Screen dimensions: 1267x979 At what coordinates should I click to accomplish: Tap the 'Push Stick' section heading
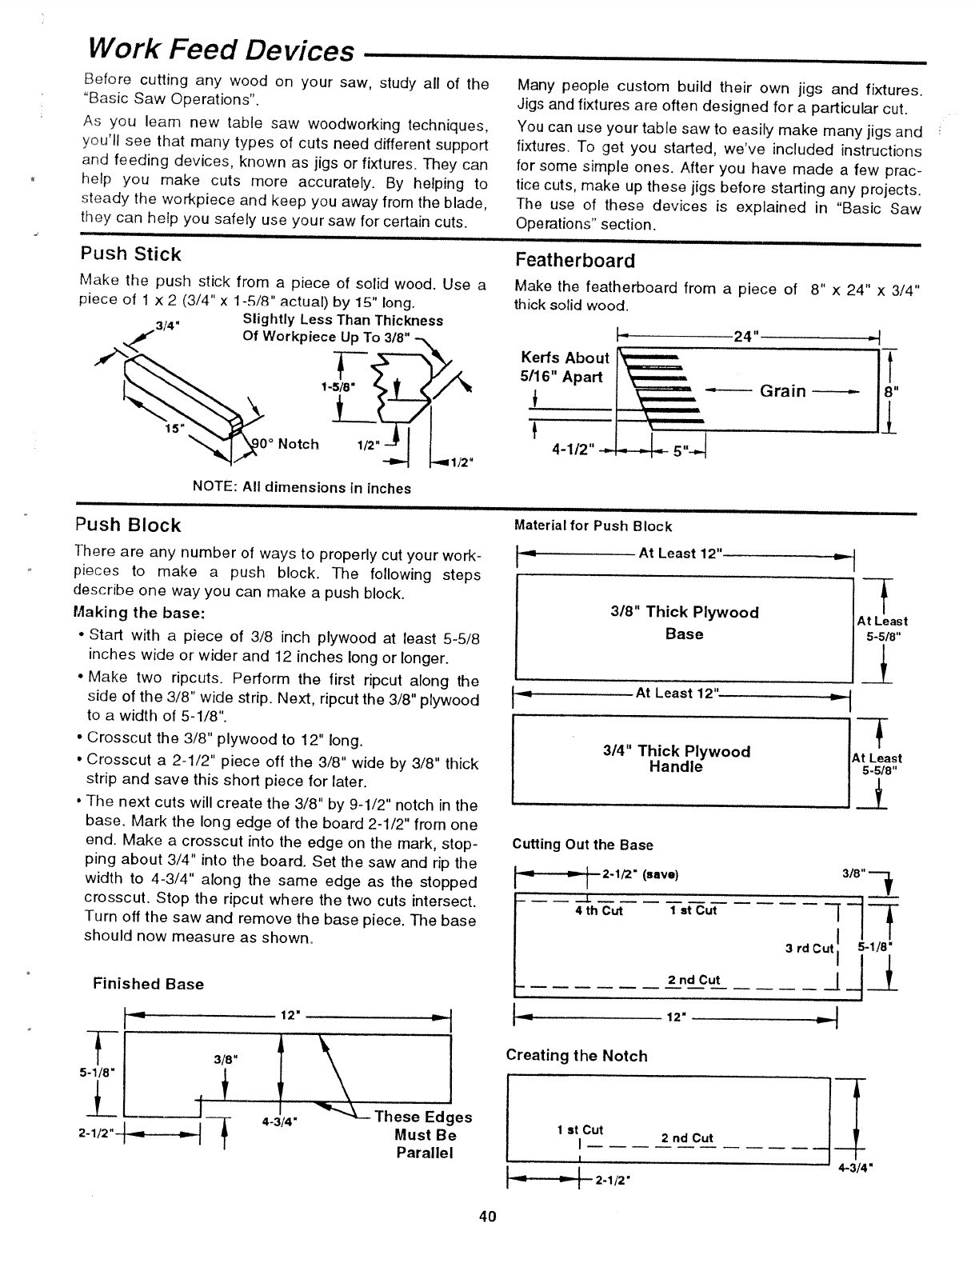point(130,254)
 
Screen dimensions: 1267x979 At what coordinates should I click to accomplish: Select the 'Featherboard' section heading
point(575,261)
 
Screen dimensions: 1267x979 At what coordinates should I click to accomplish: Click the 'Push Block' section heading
point(127,526)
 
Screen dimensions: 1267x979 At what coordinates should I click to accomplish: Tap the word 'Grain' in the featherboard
point(783,391)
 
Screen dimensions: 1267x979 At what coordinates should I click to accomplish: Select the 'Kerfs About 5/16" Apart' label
point(565,367)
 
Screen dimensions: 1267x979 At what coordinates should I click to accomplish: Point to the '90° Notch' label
point(286,444)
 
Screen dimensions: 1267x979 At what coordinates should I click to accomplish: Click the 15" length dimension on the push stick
point(171,427)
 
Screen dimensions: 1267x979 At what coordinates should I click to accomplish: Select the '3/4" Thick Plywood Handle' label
point(676,759)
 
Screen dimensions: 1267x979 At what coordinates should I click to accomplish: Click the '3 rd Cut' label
point(809,949)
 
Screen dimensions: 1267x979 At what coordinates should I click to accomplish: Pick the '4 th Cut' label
point(598,910)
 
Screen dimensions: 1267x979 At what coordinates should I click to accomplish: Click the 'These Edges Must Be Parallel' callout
point(424,1135)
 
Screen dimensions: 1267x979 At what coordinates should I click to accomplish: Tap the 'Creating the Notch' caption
point(576,1056)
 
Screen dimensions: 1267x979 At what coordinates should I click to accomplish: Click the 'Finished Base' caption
point(148,984)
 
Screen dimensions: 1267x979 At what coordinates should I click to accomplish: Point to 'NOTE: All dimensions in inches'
point(302,488)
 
